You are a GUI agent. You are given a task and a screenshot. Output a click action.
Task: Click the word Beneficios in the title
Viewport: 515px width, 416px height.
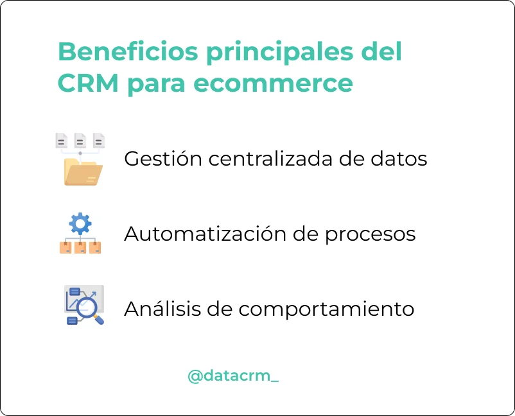point(128,51)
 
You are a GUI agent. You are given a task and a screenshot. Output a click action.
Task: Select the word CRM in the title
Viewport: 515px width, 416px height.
point(88,83)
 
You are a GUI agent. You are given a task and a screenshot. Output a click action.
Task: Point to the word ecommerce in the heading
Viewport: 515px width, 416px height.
point(274,84)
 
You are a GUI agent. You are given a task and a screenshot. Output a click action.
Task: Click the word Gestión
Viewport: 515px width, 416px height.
point(163,159)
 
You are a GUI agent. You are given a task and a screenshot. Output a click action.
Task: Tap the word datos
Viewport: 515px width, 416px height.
point(399,159)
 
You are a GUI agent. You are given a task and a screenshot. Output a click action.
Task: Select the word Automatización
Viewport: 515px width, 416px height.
point(205,234)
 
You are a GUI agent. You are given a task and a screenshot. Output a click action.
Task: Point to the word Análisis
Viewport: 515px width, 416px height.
point(162,308)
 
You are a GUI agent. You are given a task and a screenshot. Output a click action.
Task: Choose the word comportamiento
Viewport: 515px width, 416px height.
point(326,309)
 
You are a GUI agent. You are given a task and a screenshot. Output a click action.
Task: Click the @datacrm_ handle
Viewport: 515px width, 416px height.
point(233,376)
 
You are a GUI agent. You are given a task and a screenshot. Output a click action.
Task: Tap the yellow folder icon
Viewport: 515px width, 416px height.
point(83,172)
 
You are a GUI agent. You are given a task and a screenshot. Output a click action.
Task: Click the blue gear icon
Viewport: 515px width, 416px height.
point(80,223)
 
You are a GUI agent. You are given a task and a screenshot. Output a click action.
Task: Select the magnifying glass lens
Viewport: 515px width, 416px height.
point(87,308)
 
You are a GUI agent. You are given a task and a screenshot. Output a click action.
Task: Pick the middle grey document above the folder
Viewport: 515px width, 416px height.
point(80,141)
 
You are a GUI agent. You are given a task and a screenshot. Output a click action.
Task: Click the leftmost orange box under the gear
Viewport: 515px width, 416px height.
point(65,248)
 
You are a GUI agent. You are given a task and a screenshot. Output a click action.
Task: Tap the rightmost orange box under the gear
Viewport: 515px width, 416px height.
point(95,248)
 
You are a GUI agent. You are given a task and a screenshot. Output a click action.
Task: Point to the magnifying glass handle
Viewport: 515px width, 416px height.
point(99,320)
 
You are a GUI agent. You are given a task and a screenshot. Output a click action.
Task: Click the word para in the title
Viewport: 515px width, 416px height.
point(156,85)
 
